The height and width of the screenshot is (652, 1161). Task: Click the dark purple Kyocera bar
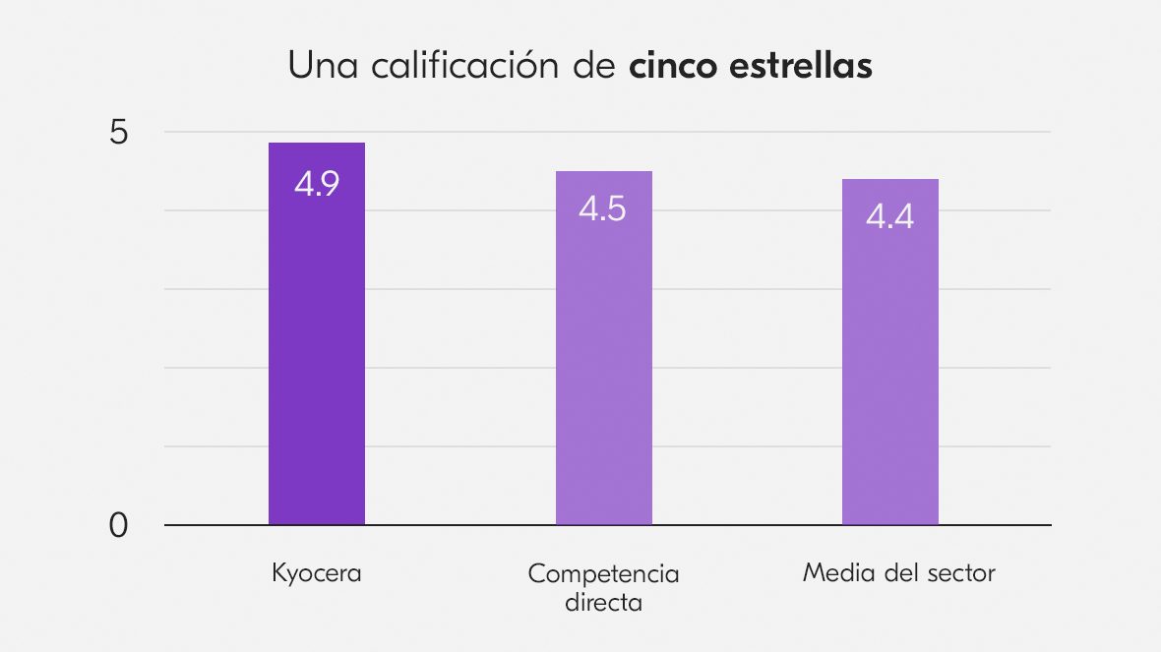coord(317,354)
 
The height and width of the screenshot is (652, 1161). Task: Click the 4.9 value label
coord(317,184)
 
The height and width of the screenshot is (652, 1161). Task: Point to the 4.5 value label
coord(602,208)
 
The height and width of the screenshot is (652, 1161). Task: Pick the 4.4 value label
coord(889,216)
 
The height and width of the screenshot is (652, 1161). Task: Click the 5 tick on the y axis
coord(118,132)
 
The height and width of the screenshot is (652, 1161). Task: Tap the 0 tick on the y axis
coord(118,526)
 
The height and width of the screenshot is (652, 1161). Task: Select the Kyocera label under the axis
coord(317,573)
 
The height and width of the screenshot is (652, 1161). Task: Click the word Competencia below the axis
coord(603,573)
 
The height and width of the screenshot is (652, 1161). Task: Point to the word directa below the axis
coord(603,602)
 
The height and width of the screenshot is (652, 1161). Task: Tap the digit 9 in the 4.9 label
coord(330,184)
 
